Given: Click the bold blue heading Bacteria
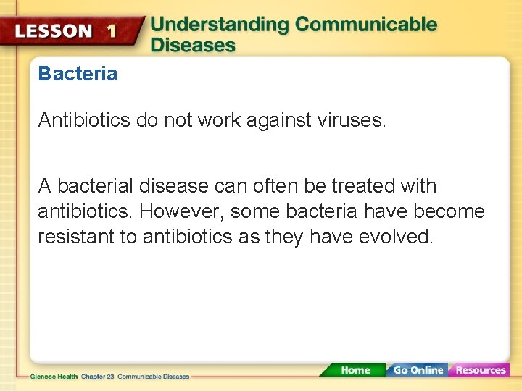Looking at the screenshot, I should click(x=78, y=74).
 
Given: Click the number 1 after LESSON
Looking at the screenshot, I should click(x=111, y=30).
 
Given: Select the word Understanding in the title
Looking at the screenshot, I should click(x=220, y=24).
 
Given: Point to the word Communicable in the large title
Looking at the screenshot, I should click(x=366, y=24).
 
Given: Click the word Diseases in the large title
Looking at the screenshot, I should click(x=193, y=46).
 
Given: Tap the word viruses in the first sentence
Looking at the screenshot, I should click(x=351, y=120).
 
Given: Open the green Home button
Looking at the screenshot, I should click(x=355, y=370).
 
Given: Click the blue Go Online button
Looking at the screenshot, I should click(x=418, y=370).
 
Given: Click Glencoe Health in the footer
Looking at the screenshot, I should click(x=54, y=377).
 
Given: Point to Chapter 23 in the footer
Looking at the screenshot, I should click(x=97, y=377).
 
